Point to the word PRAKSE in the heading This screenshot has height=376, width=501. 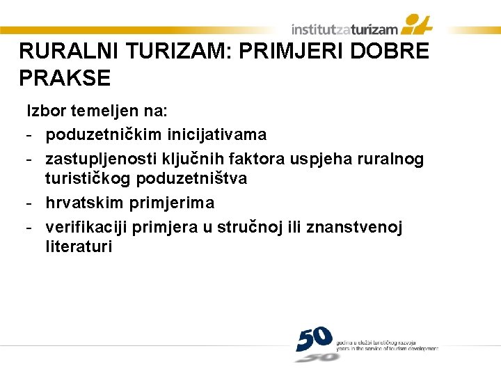click(x=65, y=79)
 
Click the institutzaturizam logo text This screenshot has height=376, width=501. click(x=344, y=29)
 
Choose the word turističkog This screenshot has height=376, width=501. click(x=88, y=178)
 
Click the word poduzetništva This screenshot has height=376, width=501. click(x=191, y=178)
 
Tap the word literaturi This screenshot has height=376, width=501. click(x=79, y=246)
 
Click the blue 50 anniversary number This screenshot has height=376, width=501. click(x=315, y=339)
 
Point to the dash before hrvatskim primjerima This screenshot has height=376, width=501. click(x=29, y=203)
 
